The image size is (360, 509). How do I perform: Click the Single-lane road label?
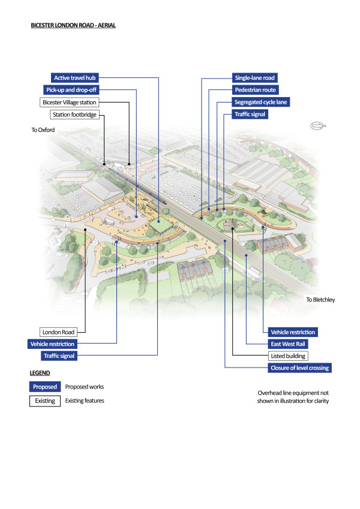coord(254,78)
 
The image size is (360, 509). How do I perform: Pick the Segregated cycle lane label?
coord(260,103)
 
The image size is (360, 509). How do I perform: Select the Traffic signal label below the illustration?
coord(58,356)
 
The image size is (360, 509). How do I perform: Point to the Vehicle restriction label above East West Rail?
coord(292,332)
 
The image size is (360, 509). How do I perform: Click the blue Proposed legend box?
coord(45,387)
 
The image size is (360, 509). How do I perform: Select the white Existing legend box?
coord(45,400)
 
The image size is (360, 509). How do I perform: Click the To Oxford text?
coord(41,129)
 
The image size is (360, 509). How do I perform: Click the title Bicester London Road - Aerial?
coord(73,26)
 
